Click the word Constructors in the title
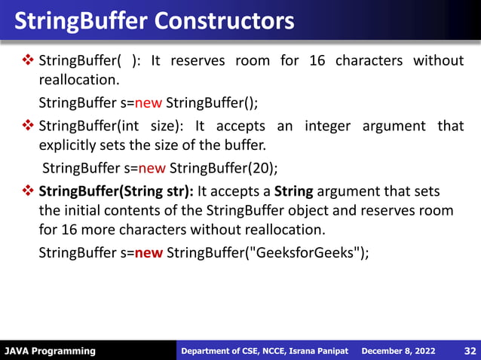(225, 20)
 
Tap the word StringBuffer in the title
(82, 20)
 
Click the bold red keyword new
(149, 252)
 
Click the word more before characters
(103, 230)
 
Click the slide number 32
(469, 351)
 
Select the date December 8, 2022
(398, 351)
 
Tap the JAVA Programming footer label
(50, 351)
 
